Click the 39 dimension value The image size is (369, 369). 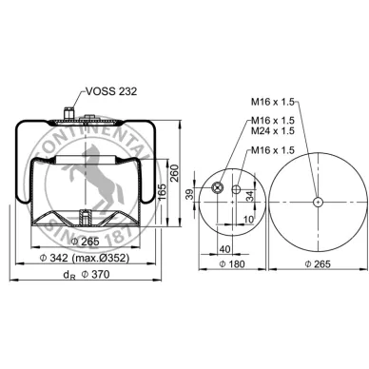coord(189,194)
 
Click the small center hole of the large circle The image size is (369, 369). coord(317,199)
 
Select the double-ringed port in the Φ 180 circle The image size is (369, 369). coord(218,189)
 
